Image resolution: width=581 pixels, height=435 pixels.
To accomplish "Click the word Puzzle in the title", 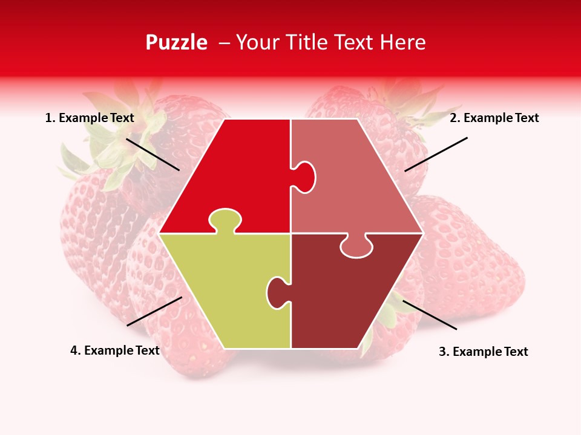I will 176,42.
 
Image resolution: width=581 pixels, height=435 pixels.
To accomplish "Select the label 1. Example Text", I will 90,118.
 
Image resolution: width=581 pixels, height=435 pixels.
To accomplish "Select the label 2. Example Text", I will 494,118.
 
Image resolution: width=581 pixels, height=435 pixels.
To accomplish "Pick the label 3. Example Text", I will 483,352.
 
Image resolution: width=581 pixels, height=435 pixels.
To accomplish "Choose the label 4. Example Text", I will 115,350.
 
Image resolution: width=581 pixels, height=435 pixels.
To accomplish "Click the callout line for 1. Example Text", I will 153,154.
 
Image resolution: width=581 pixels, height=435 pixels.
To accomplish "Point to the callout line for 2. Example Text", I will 436,154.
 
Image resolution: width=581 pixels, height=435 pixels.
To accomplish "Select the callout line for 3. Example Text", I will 430,315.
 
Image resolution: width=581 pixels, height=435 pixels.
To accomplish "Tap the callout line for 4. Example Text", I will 154,311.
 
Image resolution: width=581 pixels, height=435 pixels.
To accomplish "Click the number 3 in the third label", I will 442,352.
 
